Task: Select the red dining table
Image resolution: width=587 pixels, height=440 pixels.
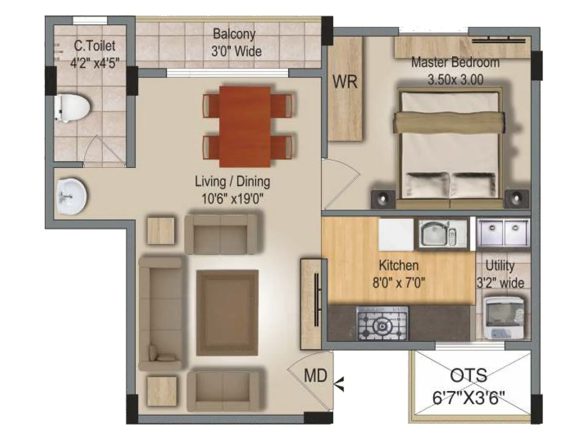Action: tap(245, 126)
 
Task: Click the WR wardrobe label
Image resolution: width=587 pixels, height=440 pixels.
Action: tap(345, 82)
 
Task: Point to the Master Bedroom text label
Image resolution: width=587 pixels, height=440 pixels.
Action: tap(455, 62)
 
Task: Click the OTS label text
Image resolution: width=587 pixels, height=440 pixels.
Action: tap(468, 375)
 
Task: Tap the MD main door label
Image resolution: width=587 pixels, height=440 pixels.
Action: tap(316, 375)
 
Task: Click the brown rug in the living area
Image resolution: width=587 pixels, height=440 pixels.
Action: tap(227, 313)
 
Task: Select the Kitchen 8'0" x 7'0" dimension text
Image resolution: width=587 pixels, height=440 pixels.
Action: tap(399, 283)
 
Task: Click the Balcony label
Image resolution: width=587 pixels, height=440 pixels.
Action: tap(234, 34)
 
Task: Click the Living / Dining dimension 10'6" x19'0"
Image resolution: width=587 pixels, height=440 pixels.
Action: tap(233, 199)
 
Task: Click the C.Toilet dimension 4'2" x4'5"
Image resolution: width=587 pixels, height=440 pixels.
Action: tap(95, 63)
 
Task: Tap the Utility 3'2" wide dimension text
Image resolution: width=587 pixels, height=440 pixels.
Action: tap(500, 283)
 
